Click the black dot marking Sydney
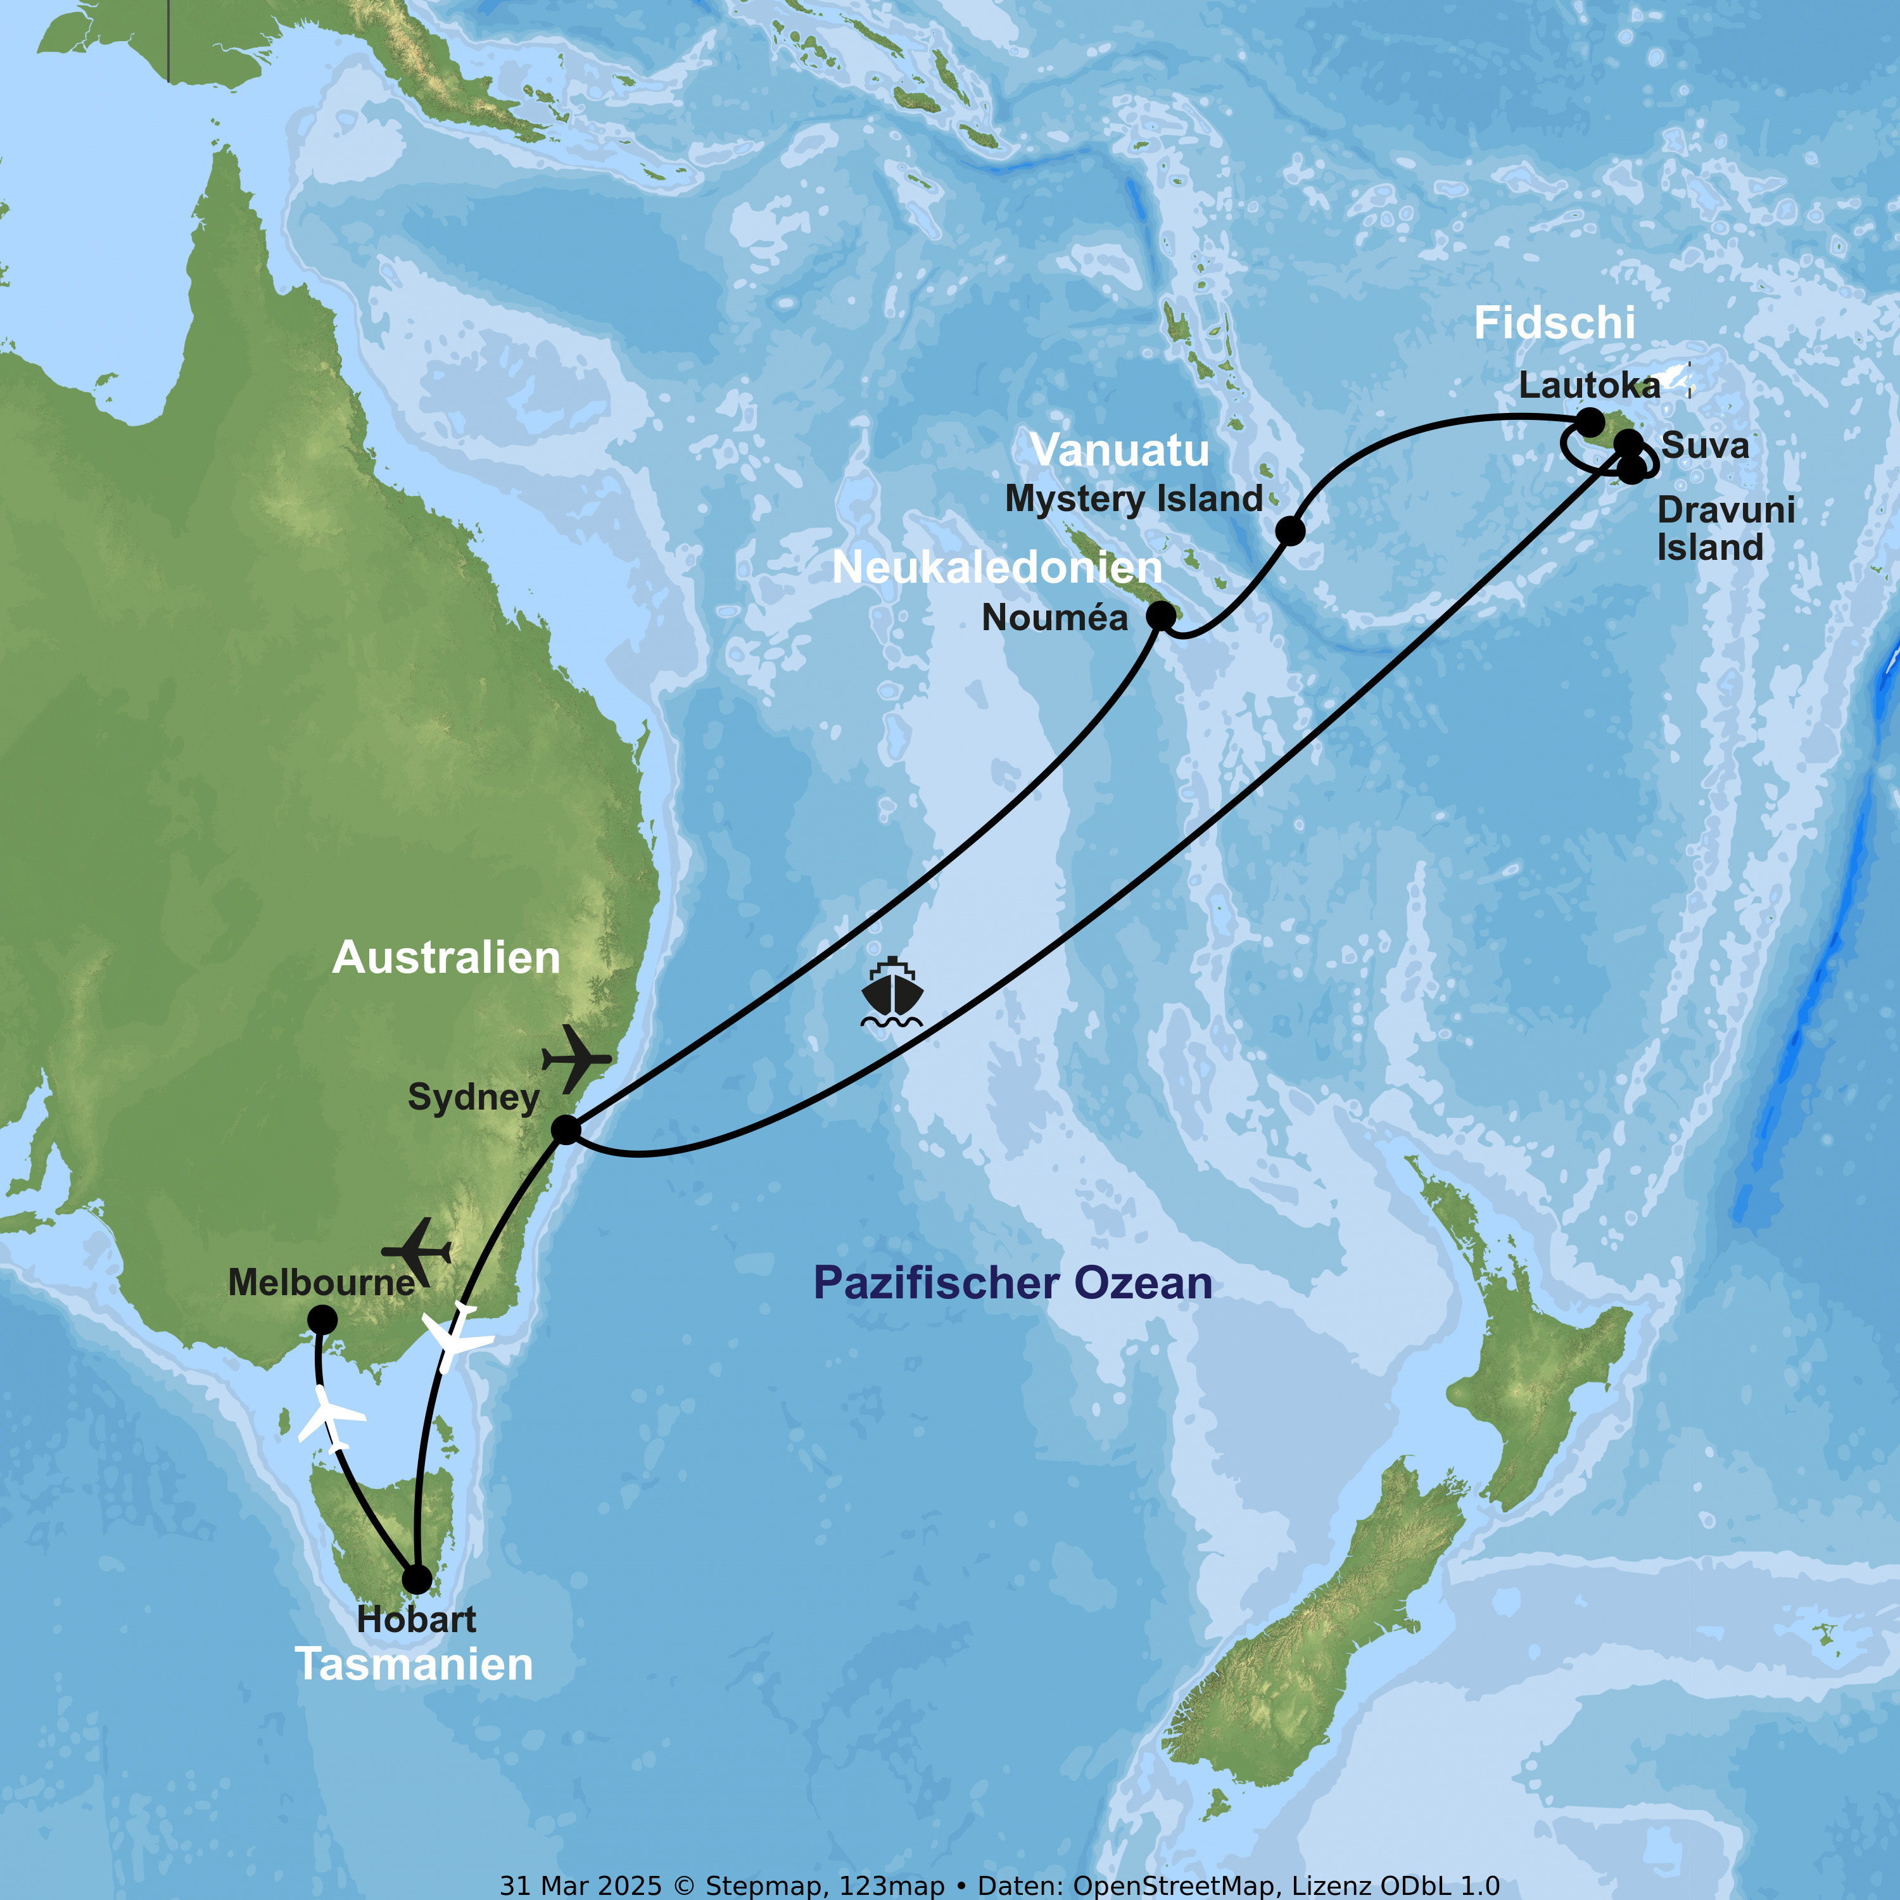pos(566,1130)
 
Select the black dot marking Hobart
pos(417,1580)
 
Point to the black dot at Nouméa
pos(1162,616)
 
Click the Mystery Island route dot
pos(1290,531)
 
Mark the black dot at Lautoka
pos(1590,423)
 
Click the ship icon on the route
pos(891,991)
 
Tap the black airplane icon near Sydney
pos(576,1058)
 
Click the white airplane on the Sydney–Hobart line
pos(454,1338)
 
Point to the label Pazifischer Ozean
pos(1012,1283)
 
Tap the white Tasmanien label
pos(414,1665)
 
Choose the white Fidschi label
pos(1554,324)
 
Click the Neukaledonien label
pos(997,567)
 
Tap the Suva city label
pos(1706,445)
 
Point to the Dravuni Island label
pos(1725,529)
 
